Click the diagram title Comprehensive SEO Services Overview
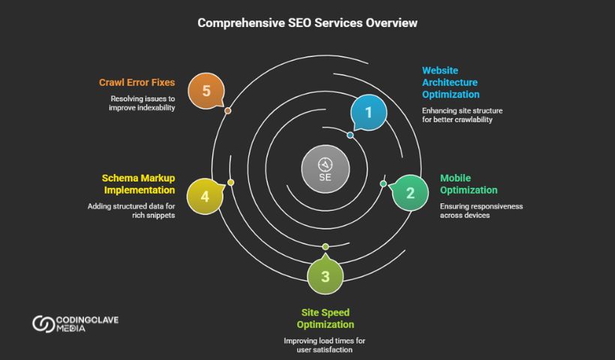[x=307, y=23]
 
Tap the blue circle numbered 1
[x=368, y=112]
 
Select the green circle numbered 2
[x=410, y=193]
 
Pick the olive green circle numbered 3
[x=325, y=276]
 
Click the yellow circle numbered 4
[x=205, y=196]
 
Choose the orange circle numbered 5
[x=206, y=91]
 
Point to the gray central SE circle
[x=325, y=168]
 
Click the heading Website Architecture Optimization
[x=450, y=82]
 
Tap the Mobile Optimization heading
[x=469, y=184]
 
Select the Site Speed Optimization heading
[x=325, y=318]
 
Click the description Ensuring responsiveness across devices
[x=481, y=210]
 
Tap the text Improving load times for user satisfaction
[x=325, y=345]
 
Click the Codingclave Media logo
[x=75, y=324]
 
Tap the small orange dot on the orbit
[x=228, y=111]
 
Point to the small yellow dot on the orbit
[x=231, y=182]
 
